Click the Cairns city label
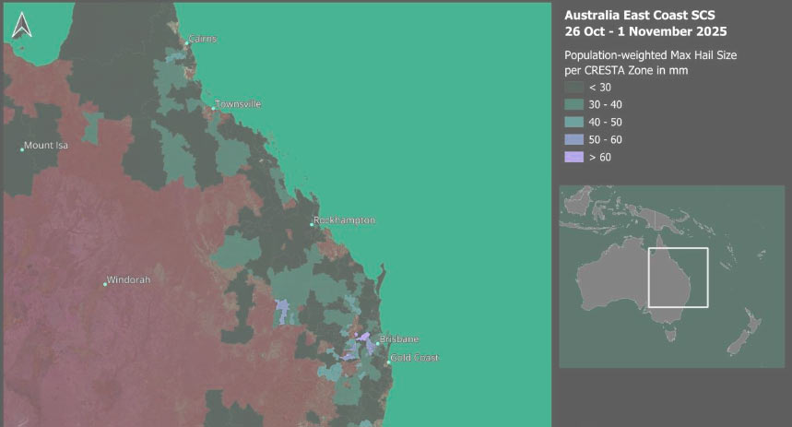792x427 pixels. click(202, 40)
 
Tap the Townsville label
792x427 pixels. click(238, 104)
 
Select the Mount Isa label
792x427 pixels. click(46, 145)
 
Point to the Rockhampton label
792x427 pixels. click(345, 221)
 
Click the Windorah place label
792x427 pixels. click(128, 279)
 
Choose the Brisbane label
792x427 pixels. click(399, 339)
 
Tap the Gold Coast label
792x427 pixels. click(415, 358)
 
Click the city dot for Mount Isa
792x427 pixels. click(22, 148)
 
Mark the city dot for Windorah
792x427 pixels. click(105, 284)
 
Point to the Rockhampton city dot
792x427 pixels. click(312, 224)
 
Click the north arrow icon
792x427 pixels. click(22, 26)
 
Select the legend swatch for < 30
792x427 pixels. click(573, 87)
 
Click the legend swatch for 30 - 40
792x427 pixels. click(573, 104)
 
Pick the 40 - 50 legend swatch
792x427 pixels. click(573, 122)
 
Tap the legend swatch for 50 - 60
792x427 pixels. click(573, 139)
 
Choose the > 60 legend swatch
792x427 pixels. click(573, 157)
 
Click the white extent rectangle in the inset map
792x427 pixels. click(678, 249)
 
